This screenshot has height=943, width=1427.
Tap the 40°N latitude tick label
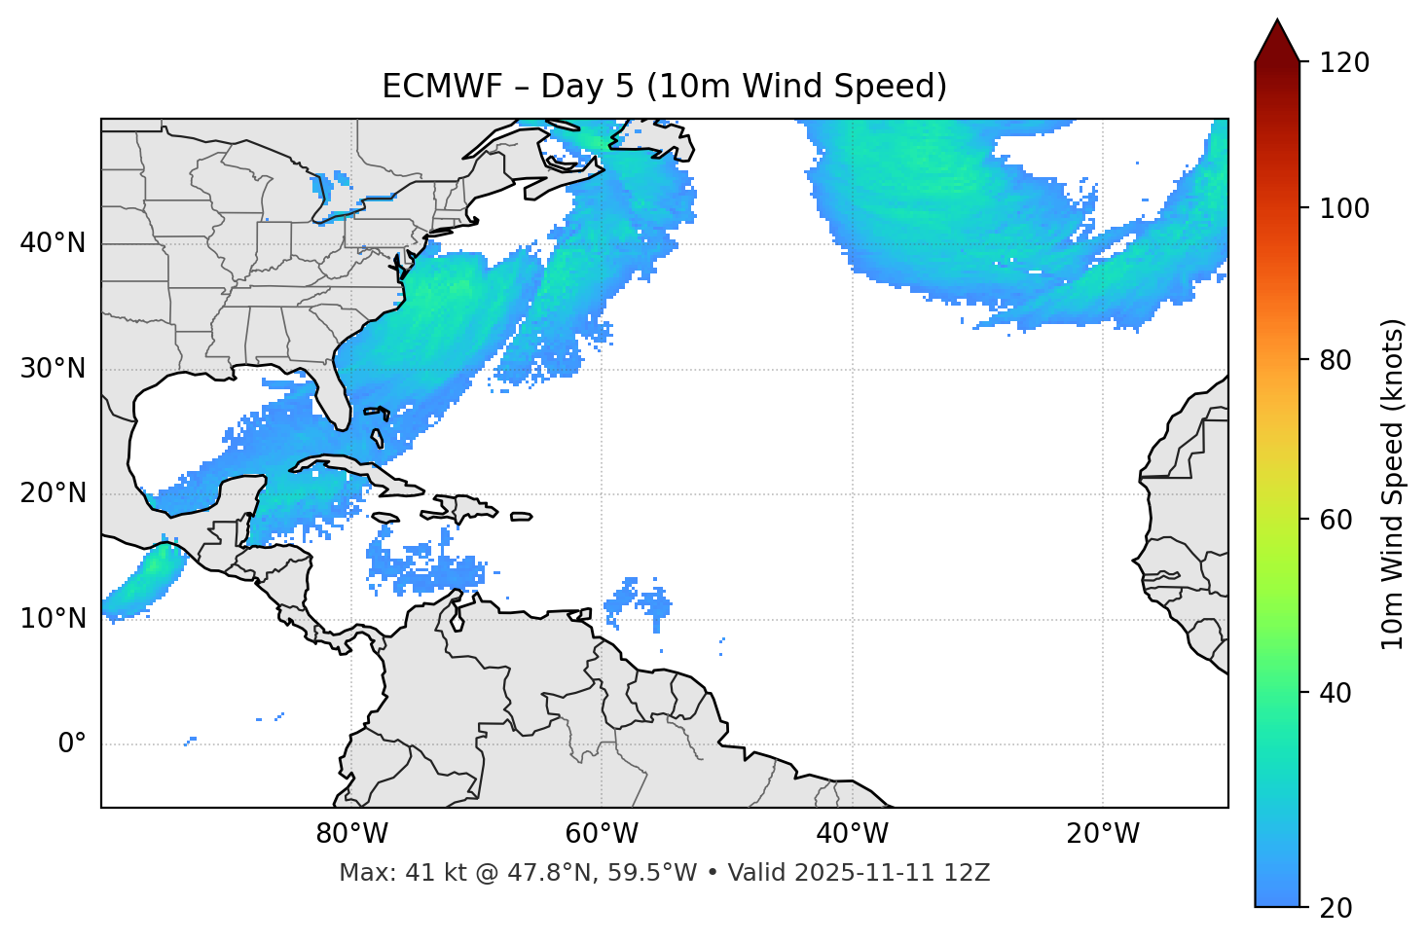[x=53, y=243]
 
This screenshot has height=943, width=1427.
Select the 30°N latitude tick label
[x=53, y=369]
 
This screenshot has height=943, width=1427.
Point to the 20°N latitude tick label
[x=53, y=493]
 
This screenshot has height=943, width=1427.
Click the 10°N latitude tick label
[x=53, y=619]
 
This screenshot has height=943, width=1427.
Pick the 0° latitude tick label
[x=72, y=744]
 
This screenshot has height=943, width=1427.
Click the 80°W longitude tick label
[x=351, y=834]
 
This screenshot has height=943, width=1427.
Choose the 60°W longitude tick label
[x=602, y=834]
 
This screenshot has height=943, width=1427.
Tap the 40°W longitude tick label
[x=852, y=834]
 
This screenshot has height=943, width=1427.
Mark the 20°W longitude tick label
[x=1102, y=834]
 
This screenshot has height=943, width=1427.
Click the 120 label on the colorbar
[x=1343, y=63]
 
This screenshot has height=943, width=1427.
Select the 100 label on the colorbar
[x=1343, y=208]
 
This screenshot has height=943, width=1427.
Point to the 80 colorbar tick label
[x=1336, y=360]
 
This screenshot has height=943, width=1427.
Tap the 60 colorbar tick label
[x=1336, y=520]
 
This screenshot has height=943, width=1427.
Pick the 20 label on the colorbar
[x=1336, y=908]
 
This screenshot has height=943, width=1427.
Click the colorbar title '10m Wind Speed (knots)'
[x=1393, y=484]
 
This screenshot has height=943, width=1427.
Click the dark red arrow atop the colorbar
[x=1277, y=42]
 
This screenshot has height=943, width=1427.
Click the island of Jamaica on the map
[x=385, y=518]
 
